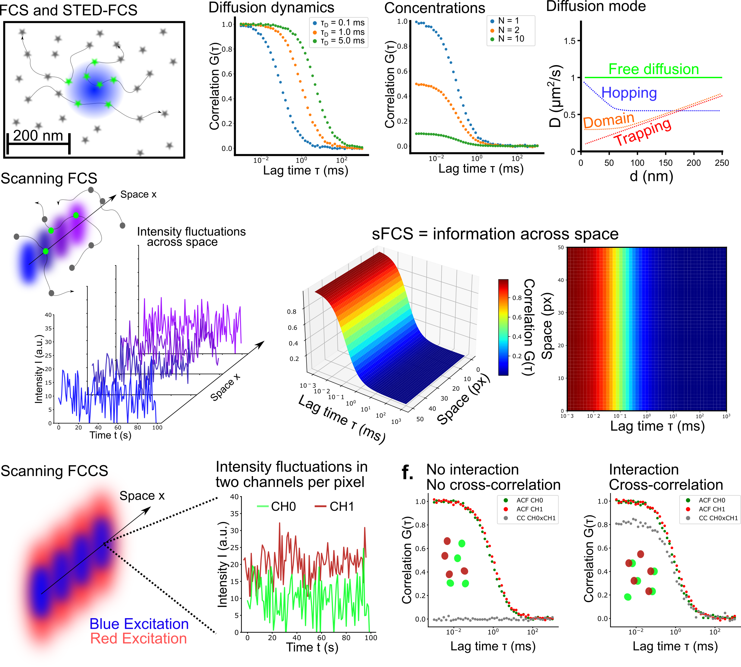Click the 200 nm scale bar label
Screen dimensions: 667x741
click(38, 136)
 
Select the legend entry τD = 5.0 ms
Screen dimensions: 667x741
click(342, 41)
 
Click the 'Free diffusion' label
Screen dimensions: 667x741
click(654, 69)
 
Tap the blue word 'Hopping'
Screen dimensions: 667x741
click(629, 93)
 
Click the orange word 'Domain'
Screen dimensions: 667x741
click(609, 120)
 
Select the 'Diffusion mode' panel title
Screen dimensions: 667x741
click(596, 6)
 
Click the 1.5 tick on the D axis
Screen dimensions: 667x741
click(570, 41)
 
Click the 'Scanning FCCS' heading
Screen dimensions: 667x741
click(54, 471)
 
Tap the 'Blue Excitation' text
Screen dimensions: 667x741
click(139, 624)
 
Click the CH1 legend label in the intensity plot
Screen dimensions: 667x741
click(342, 507)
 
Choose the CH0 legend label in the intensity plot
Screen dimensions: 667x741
click(283, 507)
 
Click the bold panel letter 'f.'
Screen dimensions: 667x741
click(407, 473)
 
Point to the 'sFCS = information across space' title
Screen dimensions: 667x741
click(495, 234)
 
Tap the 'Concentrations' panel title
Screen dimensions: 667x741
click(435, 8)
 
